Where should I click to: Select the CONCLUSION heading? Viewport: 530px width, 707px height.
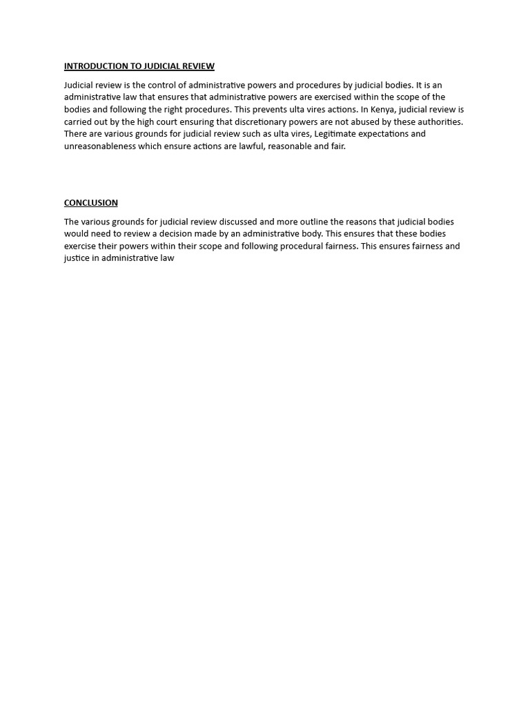coord(91,203)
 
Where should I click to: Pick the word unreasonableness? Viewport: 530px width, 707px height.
coord(100,146)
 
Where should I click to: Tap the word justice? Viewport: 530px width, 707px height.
coord(77,258)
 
